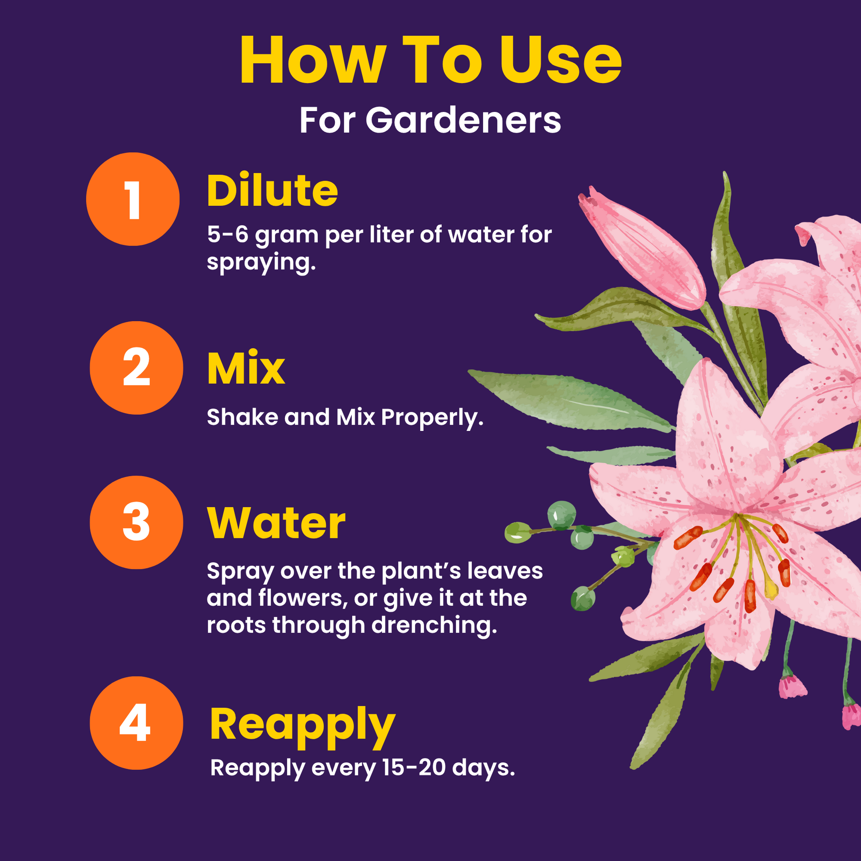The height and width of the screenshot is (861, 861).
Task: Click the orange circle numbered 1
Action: (x=133, y=199)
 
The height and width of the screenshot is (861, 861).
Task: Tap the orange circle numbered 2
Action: (x=136, y=368)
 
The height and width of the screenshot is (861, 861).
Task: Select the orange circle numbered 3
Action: (x=136, y=522)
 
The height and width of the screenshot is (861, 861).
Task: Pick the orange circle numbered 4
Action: (x=136, y=723)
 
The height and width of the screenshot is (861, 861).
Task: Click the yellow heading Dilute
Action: (x=272, y=191)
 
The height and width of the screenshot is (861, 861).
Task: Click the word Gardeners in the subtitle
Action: (x=463, y=120)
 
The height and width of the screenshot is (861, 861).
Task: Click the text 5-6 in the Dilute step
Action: (x=228, y=234)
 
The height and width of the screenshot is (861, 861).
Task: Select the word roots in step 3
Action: (x=236, y=625)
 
